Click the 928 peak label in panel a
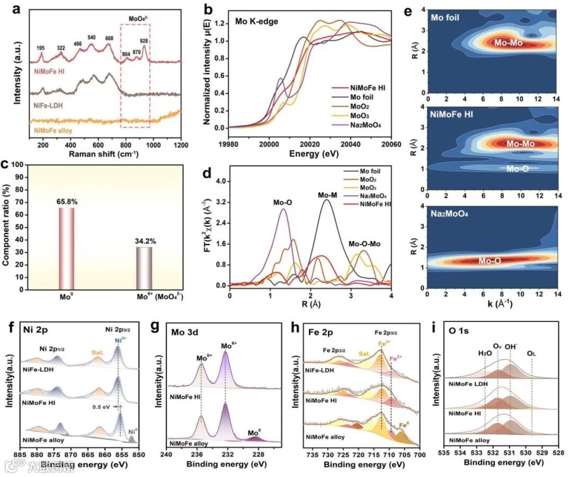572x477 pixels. click(x=144, y=40)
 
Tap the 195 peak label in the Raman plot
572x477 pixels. click(x=41, y=48)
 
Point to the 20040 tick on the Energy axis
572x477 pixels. click(x=351, y=143)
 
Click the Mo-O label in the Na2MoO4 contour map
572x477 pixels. click(x=490, y=261)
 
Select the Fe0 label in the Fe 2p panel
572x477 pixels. click(x=404, y=424)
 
